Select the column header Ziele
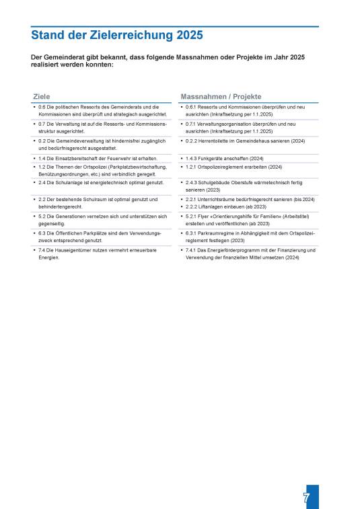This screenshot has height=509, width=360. coord(42,96)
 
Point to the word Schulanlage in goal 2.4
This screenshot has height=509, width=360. coord(69,182)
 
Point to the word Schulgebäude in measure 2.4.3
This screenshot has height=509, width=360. coord(217,182)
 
